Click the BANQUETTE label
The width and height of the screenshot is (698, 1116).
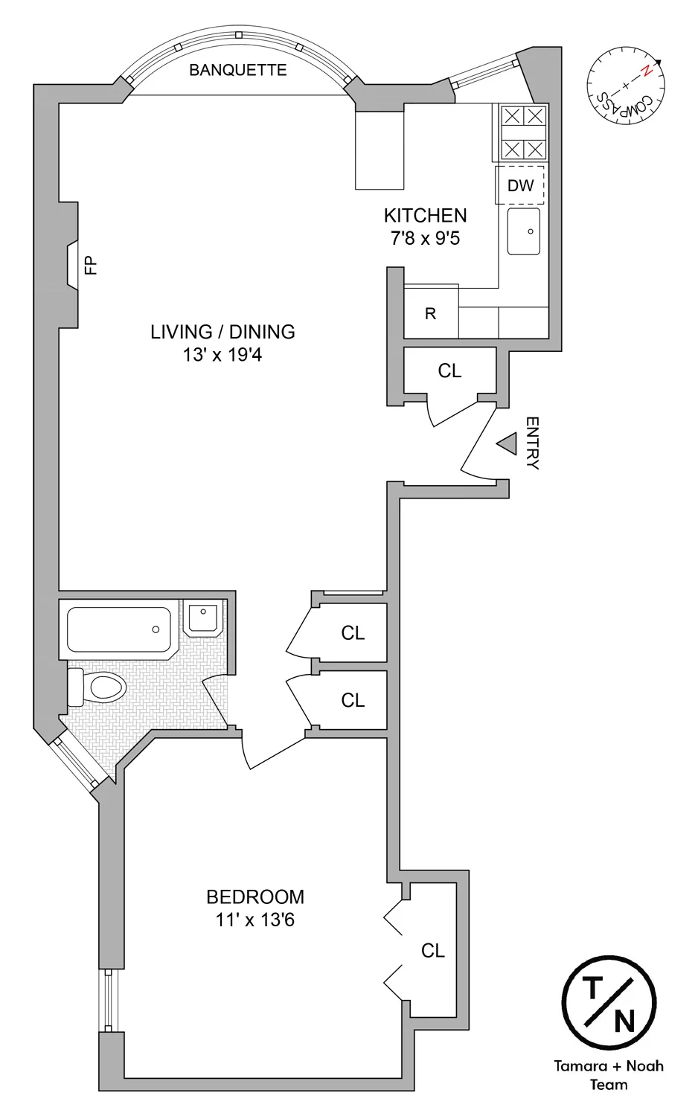pyautogui.click(x=237, y=70)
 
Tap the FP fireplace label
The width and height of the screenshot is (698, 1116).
pyautogui.click(x=91, y=265)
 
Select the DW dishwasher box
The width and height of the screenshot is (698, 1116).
pyautogui.click(x=520, y=185)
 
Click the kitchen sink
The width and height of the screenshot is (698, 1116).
pyautogui.click(x=524, y=231)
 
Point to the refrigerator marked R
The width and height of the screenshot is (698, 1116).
pyautogui.click(x=431, y=313)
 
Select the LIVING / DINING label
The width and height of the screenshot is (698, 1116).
pyautogui.click(x=222, y=332)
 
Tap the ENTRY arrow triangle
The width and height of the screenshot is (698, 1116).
pyautogui.click(x=508, y=444)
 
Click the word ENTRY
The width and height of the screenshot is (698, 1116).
pyautogui.click(x=532, y=443)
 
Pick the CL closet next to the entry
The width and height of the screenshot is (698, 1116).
pyautogui.click(x=449, y=371)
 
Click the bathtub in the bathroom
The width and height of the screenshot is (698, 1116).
pyautogui.click(x=119, y=629)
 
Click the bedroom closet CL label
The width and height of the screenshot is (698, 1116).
pyautogui.click(x=432, y=950)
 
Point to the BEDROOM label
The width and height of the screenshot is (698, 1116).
pyautogui.click(x=255, y=897)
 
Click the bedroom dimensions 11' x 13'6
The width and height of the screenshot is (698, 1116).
pyautogui.click(x=255, y=920)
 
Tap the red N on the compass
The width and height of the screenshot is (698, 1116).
pyautogui.click(x=647, y=71)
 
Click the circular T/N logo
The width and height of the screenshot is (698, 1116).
pyautogui.click(x=609, y=1003)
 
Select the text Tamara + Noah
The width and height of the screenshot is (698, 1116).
pyautogui.click(x=609, y=1066)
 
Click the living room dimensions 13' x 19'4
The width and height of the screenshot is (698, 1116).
pyautogui.click(x=222, y=356)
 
